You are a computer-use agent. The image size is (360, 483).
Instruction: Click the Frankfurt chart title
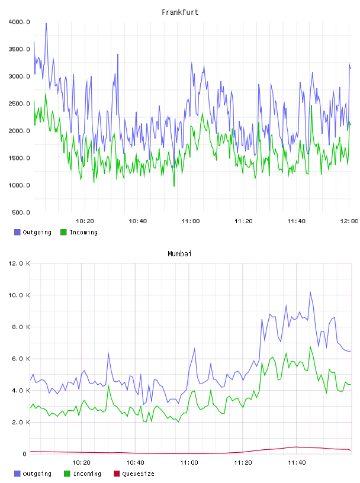(x=180, y=12)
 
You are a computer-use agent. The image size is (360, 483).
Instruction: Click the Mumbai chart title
(x=179, y=253)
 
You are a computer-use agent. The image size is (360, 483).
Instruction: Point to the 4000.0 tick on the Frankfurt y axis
(x=19, y=22)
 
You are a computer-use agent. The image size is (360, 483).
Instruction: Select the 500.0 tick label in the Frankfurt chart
(x=21, y=212)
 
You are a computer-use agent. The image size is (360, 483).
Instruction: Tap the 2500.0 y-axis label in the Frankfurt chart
(x=19, y=104)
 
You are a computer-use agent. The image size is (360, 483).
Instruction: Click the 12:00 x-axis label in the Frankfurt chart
(x=349, y=221)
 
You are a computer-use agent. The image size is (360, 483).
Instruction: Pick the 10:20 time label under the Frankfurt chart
(x=85, y=221)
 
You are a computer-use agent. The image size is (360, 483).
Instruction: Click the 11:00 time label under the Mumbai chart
(x=189, y=462)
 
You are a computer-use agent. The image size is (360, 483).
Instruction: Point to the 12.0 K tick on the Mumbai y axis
(x=19, y=263)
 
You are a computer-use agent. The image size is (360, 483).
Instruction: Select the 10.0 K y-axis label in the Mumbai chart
(x=19, y=295)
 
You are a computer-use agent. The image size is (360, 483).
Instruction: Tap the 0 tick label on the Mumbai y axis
(x=24, y=454)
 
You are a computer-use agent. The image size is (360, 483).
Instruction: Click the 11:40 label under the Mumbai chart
(x=297, y=462)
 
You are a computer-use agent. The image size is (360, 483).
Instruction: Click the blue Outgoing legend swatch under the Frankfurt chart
(x=17, y=232)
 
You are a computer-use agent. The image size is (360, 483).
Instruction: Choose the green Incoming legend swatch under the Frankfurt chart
(x=63, y=232)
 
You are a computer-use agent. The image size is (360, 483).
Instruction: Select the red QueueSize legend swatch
(x=117, y=474)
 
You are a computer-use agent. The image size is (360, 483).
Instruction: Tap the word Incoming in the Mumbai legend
(x=87, y=474)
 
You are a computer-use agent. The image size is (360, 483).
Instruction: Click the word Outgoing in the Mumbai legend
(x=37, y=474)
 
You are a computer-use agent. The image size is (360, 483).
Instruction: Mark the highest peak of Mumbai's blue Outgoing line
(x=310, y=292)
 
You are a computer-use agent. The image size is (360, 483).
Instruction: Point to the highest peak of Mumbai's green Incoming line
(x=310, y=346)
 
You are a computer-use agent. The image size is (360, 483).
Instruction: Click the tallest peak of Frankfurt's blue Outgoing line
(x=46, y=24)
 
